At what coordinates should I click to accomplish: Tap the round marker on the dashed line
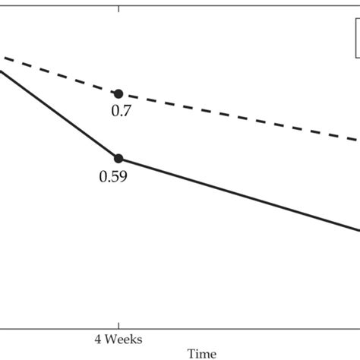(118, 93)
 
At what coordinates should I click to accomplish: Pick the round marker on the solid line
(118, 158)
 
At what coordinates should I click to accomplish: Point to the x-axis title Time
(201, 353)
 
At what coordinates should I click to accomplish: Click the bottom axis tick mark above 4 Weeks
(118, 324)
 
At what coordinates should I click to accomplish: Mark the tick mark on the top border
(118, 4)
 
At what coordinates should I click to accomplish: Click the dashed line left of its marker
(61, 75)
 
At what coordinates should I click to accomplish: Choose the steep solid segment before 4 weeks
(61, 115)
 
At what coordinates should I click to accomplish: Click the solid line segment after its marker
(235, 193)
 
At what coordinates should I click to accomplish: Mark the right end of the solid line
(358, 230)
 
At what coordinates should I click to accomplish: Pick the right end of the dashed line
(358, 139)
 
